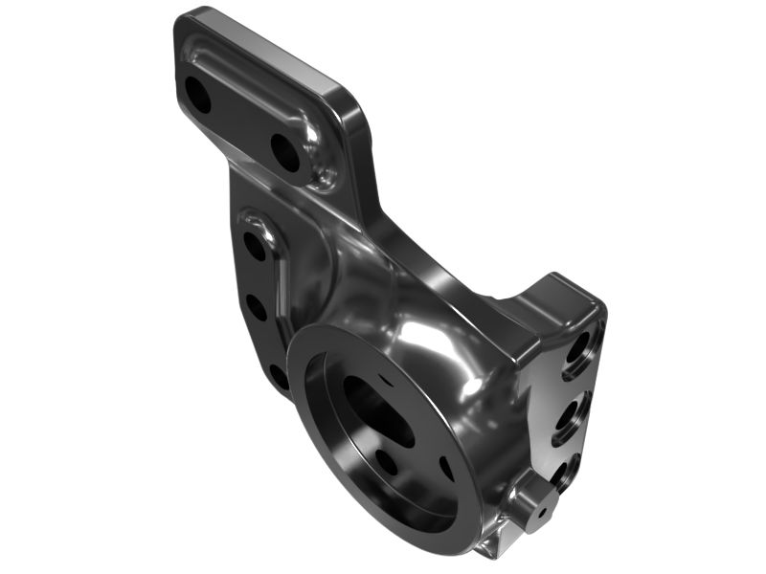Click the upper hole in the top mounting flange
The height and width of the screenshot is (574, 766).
(198, 94)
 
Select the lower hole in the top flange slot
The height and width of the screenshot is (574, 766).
(285, 151)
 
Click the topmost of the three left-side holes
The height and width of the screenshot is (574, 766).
(255, 246)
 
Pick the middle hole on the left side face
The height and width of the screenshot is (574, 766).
(257, 307)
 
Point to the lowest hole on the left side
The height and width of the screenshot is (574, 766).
(279, 375)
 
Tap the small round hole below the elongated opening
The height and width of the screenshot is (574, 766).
(387, 462)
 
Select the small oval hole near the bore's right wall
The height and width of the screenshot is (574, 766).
(446, 468)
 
